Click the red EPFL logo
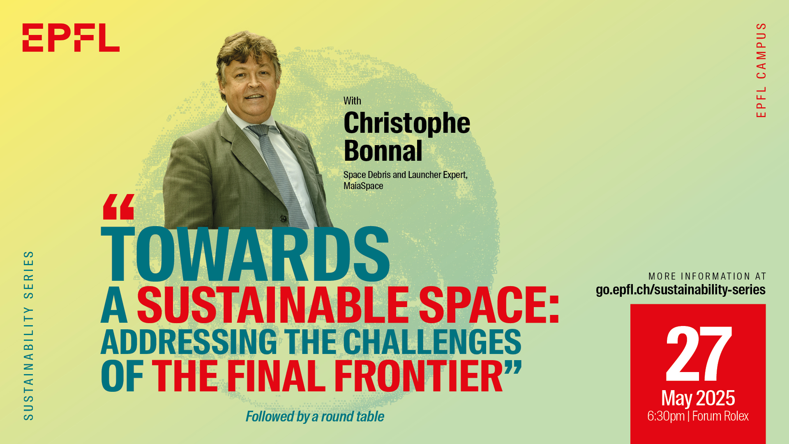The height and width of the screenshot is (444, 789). point(71,37)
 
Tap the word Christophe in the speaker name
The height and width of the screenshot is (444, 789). point(407,123)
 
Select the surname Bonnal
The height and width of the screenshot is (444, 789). point(383,150)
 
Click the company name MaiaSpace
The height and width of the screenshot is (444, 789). point(363,186)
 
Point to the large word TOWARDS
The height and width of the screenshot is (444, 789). point(245,254)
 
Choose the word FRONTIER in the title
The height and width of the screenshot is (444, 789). point(418,376)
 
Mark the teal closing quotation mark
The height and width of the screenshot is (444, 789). point(513,367)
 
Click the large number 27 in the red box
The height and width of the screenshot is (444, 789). point(699,354)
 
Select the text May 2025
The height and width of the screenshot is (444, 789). point(698,398)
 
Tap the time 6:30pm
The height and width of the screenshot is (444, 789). point(666,416)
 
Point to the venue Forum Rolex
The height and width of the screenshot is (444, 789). point(720,416)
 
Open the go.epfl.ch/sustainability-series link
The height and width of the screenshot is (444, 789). point(681,289)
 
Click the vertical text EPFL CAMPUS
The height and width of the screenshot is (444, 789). point(761,70)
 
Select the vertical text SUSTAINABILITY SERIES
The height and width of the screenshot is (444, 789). point(28,335)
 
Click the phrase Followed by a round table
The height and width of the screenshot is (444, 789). point(315,416)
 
